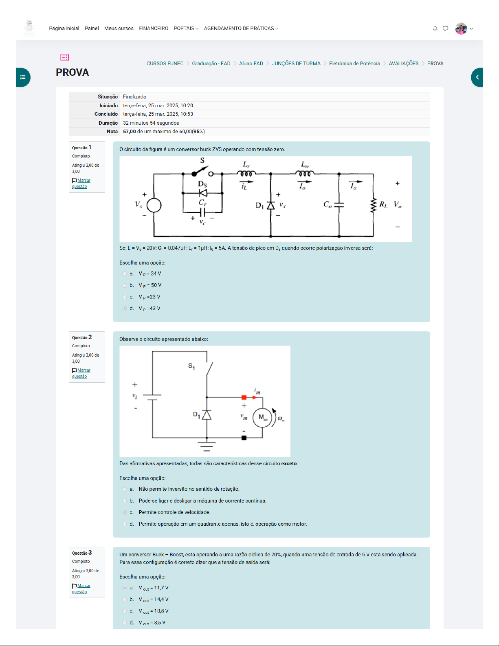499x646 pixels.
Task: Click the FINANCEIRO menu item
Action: click(154, 29)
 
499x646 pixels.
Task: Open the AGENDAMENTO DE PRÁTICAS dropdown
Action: click(241, 29)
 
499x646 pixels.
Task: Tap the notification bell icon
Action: click(435, 29)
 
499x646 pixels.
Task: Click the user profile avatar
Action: click(461, 29)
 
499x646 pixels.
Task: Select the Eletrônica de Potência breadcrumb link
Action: click(354, 64)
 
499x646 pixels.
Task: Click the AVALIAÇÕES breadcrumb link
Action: click(403, 64)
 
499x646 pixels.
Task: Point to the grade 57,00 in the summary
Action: click(130, 132)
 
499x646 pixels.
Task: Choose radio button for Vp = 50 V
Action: click(125, 285)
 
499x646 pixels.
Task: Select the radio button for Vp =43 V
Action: click(125, 309)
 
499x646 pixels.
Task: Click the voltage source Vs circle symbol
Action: click(154, 205)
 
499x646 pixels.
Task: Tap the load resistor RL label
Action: click(383, 205)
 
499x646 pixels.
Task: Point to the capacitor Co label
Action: click(328, 204)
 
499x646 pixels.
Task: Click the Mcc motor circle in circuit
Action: click(262, 418)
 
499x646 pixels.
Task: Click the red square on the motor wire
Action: click(244, 397)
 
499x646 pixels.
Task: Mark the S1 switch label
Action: click(191, 366)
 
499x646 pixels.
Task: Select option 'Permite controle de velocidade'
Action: click(125, 512)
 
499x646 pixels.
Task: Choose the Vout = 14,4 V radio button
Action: click(125, 600)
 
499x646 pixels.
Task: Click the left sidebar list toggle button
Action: click(23, 77)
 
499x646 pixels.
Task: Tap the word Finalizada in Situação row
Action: click(134, 97)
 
